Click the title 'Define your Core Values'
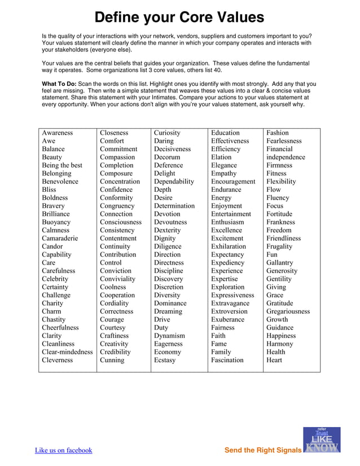pyautogui.click(x=179, y=17)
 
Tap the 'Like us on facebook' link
pyautogui.click(x=63, y=450)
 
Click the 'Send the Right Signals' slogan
pyautogui.click(x=263, y=450)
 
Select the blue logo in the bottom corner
pyautogui.click(x=322, y=440)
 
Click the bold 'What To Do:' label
pyautogui.click(x=59, y=84)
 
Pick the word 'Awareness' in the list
pyautogui.click(x=58, y=133)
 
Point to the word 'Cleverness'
pyautogui.click(x=58, y=360)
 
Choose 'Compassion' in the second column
pyautogui.click(x=117, y=157)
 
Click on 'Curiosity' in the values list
pyautogui.click(x=168, y=133)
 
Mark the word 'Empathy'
pyautogui.click(x=224, y=174)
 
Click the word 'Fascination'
pyautogui.click(x=227, y=360)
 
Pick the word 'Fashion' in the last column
pyautogui.click(x=278, y=133)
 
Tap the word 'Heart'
pyautogui.click(x=274, y=360)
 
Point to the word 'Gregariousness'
pyautogui.click(x=288, y=311)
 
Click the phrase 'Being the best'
pyautogui.click(x=62, y=165)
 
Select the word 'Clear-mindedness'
pyautogui.click(x=67, y=352)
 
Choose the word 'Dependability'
pyautogui.click(x=174, y=182)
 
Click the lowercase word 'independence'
pyautogui.click(x=286, y=157)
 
